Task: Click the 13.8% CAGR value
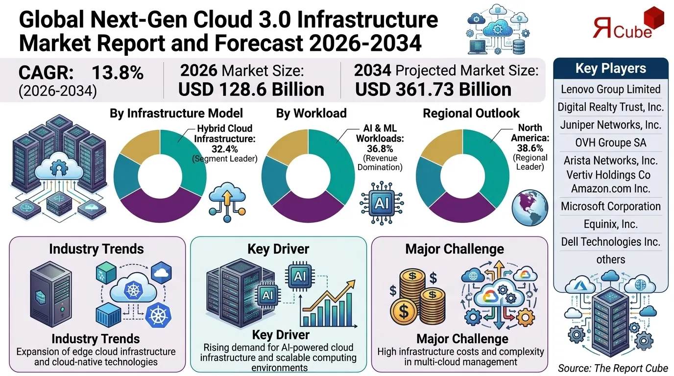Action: (118, 73)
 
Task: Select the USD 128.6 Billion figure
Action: (251, 90)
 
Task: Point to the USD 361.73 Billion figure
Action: (433, 90)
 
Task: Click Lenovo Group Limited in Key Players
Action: (610, 89)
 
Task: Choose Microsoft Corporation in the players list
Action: (610, 206)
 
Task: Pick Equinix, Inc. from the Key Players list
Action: (610, 224)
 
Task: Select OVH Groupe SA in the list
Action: (610, 142)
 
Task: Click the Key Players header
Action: (610, 69)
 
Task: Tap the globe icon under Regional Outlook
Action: (529, 209)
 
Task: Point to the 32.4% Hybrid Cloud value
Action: (225, 149)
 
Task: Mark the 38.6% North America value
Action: (530, 148)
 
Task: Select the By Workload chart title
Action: (311, 113)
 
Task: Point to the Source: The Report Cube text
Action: (613, 368)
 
